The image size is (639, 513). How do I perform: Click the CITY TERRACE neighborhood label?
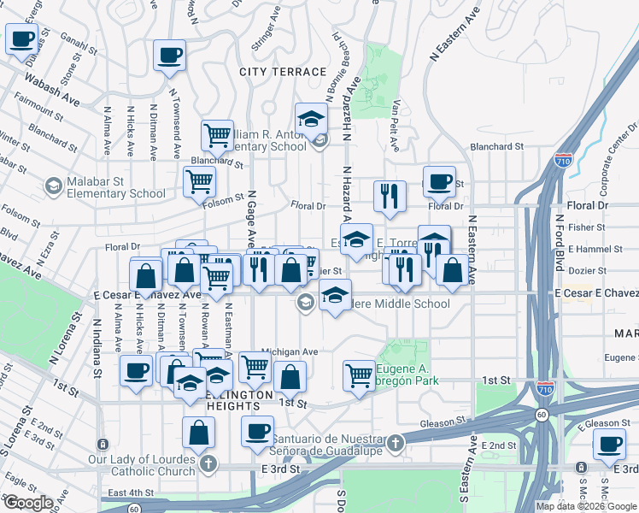(283, 73)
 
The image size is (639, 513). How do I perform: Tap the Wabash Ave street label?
(52, 89)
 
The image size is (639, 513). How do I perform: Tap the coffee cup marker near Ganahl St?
(22, 38)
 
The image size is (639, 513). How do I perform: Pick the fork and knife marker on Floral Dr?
(389, 196)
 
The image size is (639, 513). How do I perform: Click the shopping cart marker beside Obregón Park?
(360, 374)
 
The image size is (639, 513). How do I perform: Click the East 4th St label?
(130, 493)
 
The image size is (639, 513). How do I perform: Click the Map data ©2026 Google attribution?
(586, 506)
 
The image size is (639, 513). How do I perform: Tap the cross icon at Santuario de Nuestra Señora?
(395, 443)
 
